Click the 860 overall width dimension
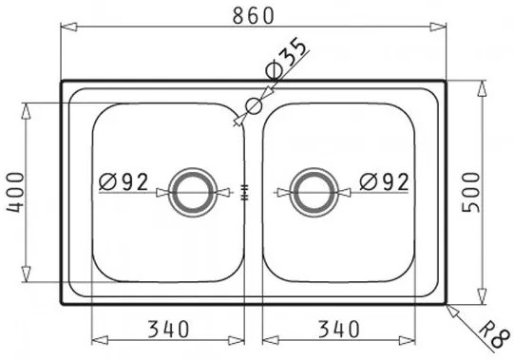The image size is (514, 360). [x=253, y=15]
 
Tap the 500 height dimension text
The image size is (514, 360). [x=470, y=193]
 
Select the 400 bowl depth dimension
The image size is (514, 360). [x=15, y=193]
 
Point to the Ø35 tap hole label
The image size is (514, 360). [x=287, y=58]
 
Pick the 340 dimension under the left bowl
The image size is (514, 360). [x=168, y=330]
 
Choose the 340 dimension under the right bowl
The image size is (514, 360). [x=338, y=330]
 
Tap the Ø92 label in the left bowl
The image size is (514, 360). [x=124, y=182]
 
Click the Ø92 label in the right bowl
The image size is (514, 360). [x=384, y=182]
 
